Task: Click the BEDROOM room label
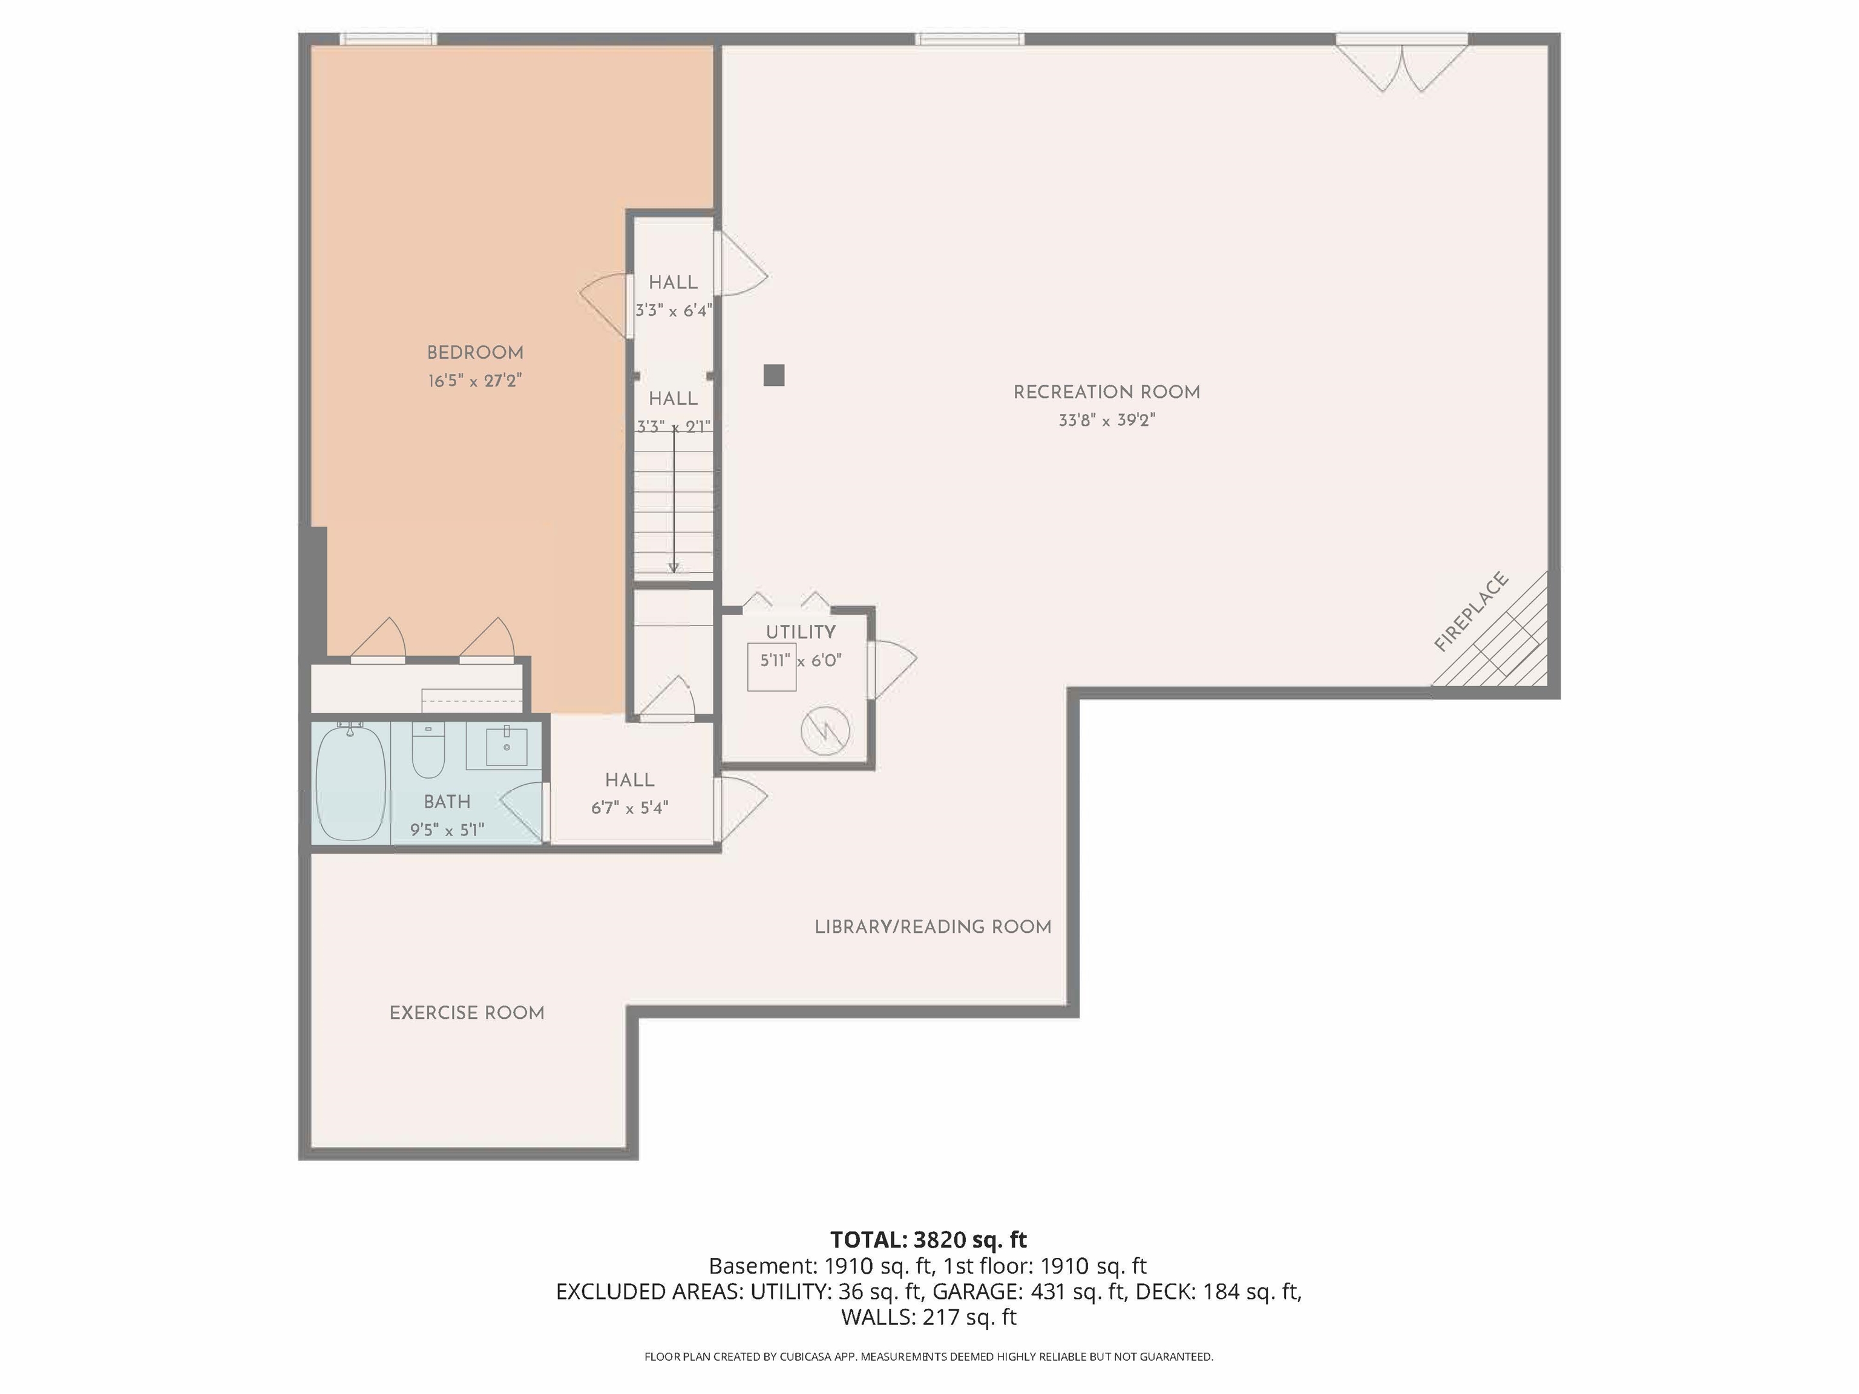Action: pyautogui.click(x=475, y=353)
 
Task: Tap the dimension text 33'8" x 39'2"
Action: pyautogui.click(x=1107, y=420)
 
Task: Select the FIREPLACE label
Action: pyautogui.click(x=1470, y=612)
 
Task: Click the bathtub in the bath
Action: pyautogui.click(x=350, y=783)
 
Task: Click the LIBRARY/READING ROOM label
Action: pyautogui.click(x=933, y=927)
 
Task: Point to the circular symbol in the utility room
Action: pyautogui.click(x=825, y=730)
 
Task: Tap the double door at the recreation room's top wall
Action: pyautogui.click(x=1402, y=63)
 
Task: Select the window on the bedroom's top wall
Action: pyautogui.click(x=389, y=39)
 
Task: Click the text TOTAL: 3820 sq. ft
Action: pyautogui.click(x=929, y=1239)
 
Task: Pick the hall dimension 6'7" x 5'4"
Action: pyautogui.click(x=629, y=808)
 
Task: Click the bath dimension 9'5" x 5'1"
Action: pyautogui.click(x=447, y=830)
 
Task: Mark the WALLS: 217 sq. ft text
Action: pyautogui.click(x=929, y=1317)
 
